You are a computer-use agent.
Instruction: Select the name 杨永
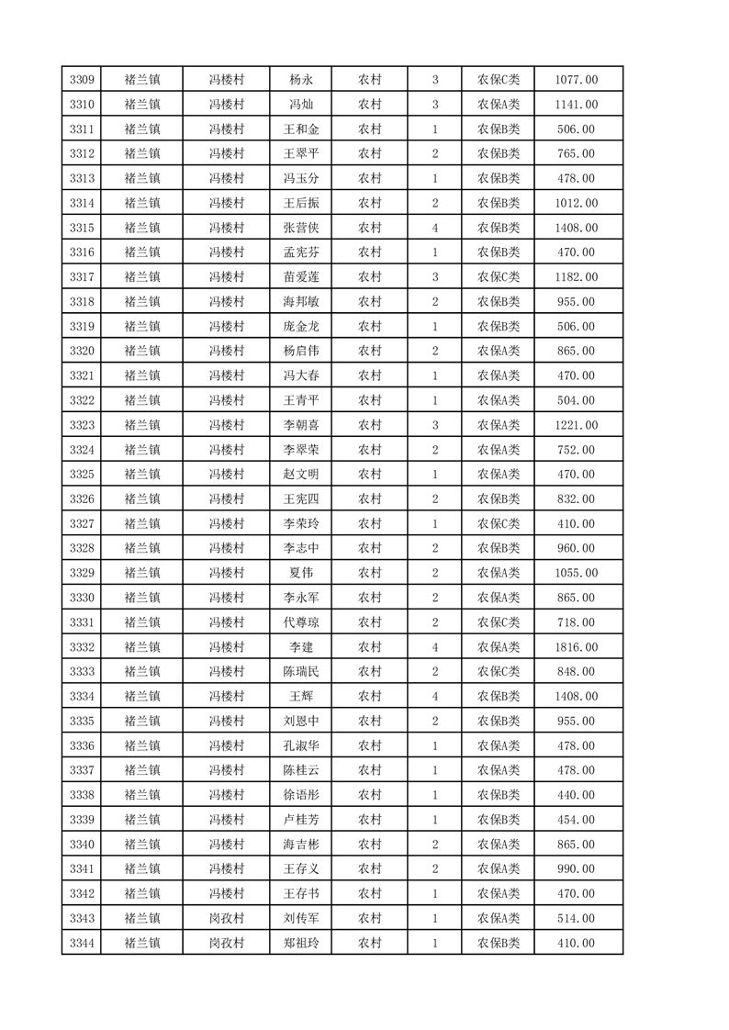pyautogui.click(x=301, y=80)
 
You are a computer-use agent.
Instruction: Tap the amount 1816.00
pyautogui.click(x=577, y=647)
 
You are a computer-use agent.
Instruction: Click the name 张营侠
pyautogui.click(x=301, y=228)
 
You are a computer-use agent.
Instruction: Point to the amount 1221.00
pyautogui.click(x=577, y=425)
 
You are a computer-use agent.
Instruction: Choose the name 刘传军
pyautogui.click(x=301, y=918)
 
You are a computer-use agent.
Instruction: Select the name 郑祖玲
pyautogui.click(x=301, y=943)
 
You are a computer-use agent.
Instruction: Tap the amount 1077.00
pyautogui.click(x=577, y=80)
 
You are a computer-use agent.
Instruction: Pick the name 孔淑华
pyautogui.click(x=301, y=745)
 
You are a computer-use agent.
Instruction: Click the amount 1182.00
pyautogui.click(x=577, y=277)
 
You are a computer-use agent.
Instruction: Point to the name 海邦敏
pyautogui.click(x=301, y=302)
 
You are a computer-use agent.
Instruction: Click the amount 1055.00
pyautogui.click(x=577, y=573)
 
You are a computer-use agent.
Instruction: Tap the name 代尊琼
pyautogui.click(x=301, y=622)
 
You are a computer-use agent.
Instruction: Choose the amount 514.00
pyautogui.click(x=577, y=918)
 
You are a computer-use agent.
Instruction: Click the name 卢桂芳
pyautogui.click(x=301, y=820)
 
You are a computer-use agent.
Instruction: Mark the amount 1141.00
pyautogui.click(x=577, y=105)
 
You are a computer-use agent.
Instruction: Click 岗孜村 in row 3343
pyautogui.click(x=226, y=918)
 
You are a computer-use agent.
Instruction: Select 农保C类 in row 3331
pyautogui.click(x=499, y=622)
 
